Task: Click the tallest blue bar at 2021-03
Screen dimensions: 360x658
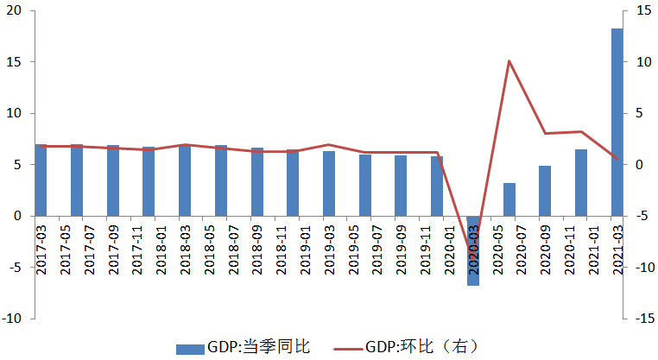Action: coord(617,122)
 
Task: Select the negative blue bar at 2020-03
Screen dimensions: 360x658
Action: coord(472,250)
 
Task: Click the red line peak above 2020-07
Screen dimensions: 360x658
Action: coord(509,61)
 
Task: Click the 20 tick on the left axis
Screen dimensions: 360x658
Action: coord(17,11)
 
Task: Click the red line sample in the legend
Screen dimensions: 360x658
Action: coord(348,348)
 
